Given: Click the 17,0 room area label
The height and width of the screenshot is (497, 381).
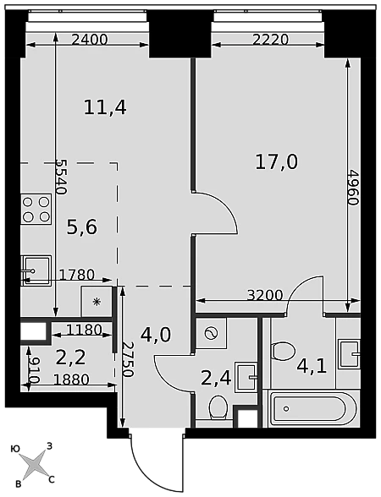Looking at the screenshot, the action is coord(277,162).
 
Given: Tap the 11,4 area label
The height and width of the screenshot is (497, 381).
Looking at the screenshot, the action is coord(105,107).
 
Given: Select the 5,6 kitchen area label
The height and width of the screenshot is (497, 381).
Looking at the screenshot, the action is coord(81,227).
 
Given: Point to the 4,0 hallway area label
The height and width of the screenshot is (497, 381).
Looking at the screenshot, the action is coord(156,335).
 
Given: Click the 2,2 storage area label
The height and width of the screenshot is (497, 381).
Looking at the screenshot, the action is coord(70,358).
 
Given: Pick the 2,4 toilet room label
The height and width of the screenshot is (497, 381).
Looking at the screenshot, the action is coord(217,378).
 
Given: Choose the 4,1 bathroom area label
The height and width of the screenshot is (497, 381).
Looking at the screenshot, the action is coord(312,367).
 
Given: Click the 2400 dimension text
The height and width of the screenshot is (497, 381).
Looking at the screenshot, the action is coord(90,40).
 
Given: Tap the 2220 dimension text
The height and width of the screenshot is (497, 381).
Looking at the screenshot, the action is coord(271,40).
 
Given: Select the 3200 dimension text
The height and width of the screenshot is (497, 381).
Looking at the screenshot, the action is coord(265,296).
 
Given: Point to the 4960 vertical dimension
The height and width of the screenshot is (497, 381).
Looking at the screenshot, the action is coord(352,188).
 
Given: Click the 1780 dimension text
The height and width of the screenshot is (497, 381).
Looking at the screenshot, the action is coord(77,275).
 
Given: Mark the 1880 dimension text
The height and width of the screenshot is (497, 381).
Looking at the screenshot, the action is coord(71,379).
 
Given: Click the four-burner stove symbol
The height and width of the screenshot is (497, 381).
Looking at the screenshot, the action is coord(36,209).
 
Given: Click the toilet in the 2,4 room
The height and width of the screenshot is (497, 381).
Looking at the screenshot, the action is coord(218,407).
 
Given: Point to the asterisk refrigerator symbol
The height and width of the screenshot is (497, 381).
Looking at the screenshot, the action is coord(97,302).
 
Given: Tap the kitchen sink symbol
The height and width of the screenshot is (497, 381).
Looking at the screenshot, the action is coord(36,271).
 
